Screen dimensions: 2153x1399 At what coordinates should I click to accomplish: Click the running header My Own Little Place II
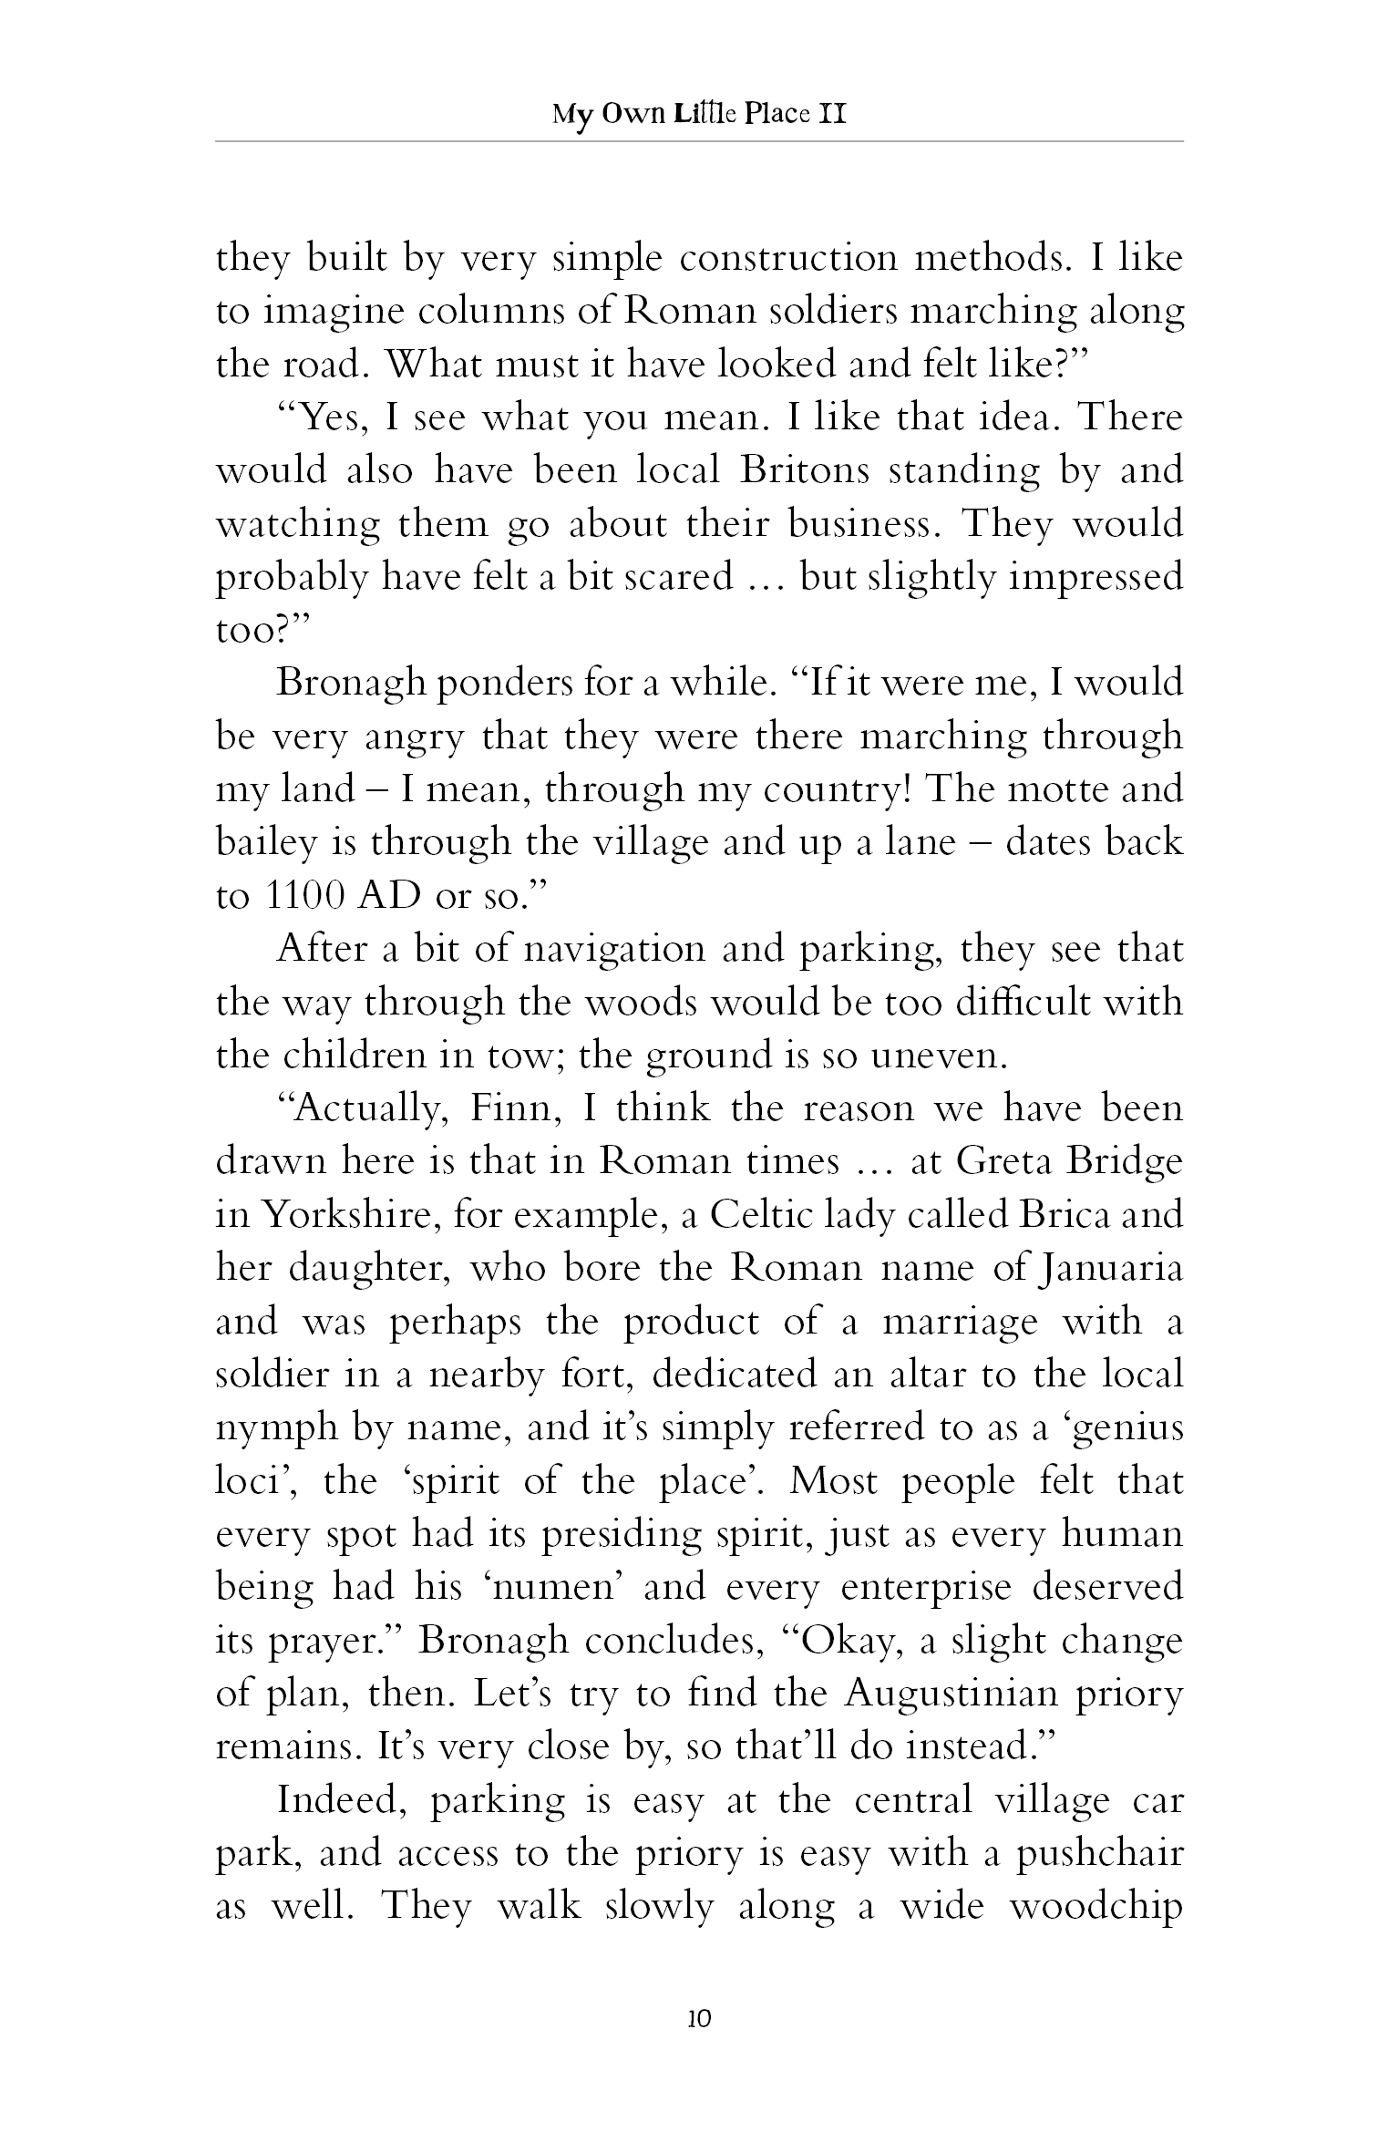pyautogui.click(x=699, y=116)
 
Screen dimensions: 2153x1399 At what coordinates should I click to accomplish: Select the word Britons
pyautogui.click(x=800, y=471)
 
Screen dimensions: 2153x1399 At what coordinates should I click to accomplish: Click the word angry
pyautogui.click(x=414, y=737)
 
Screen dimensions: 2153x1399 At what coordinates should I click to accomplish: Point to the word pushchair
pyautogui.click(x=1095, y=1854)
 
